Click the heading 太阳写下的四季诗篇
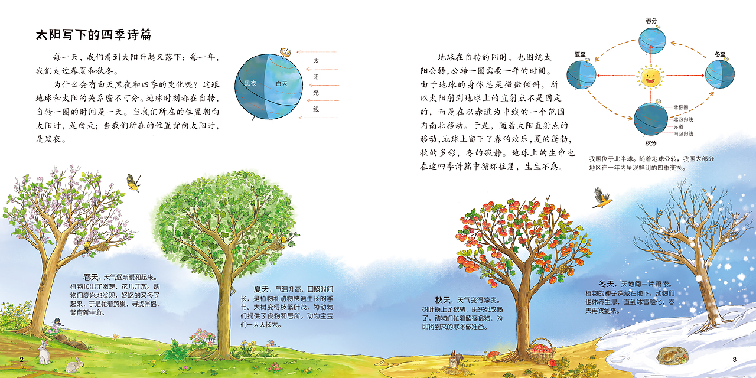(x=94, y=35)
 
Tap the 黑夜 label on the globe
(x=250, y=84)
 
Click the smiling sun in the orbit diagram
(x=650, y=76)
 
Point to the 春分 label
(x=651, y=21)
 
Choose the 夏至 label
(x=579, y=54)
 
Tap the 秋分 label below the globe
(x=651, y=143)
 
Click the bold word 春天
(x=91, y=276)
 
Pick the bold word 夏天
(x=262, y=289)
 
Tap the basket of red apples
(x=540, y=351)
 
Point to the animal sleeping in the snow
(x=673, y=354)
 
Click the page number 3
(x=734, y=360)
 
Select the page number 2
(x=22, y=360)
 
